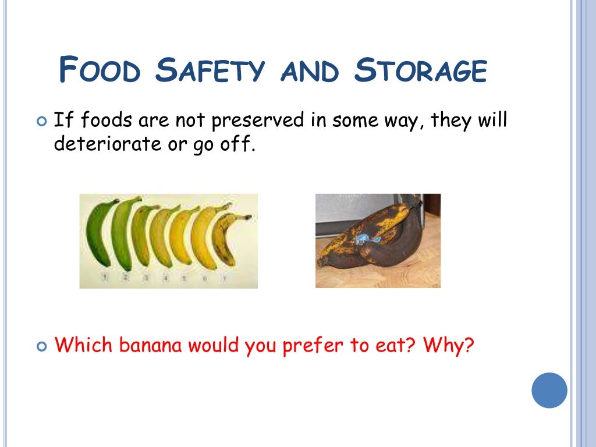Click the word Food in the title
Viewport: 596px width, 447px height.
pos(100,70)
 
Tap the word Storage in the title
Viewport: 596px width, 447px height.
pos(420,70)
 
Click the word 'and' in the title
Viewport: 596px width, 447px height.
pos(308,72)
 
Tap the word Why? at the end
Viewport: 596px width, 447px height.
pos(449,346)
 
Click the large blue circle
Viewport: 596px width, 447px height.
pos(549,391)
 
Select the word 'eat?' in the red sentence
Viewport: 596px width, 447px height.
pos(396,346)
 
